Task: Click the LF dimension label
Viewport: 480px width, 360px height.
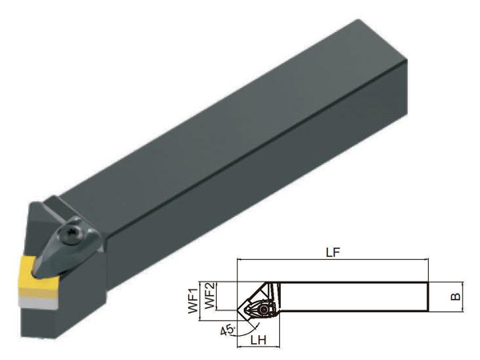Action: tap(333, 252)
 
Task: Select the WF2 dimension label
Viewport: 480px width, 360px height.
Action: tap(210, 296)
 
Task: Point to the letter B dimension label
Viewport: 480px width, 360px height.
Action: tap(456, 296)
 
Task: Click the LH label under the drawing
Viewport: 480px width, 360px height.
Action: tap(258, 340)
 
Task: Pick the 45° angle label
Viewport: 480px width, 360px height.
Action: tap(227, 330)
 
